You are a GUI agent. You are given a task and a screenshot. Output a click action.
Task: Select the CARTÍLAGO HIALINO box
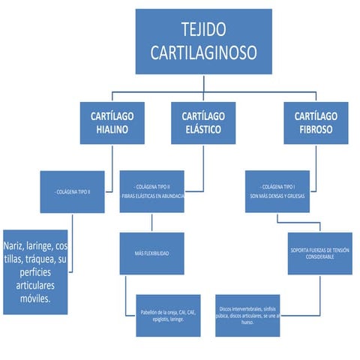click(x=112, y=123)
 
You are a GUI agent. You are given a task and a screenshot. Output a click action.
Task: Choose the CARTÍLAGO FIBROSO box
click(x=316, y=123)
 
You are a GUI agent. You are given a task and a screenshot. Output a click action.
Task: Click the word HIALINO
click(x=112, y=130)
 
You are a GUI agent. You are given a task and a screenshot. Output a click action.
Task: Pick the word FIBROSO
click(x=316, y=130)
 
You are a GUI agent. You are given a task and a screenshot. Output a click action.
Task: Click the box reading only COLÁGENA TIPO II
click(x=72, y=192)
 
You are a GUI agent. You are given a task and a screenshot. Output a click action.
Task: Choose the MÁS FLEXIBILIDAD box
click(x=152, y=253)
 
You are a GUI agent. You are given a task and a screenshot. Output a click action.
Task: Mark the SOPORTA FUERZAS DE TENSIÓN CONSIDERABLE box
click(x=319, y=253)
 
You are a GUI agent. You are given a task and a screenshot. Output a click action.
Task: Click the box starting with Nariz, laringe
click(x=35, y=271)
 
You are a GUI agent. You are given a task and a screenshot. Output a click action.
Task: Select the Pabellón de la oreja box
click(x=168, y=316)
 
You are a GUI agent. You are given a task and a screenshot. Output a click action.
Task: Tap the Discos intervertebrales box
click(x=249, y=316)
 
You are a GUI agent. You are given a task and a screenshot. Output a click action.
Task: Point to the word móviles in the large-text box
click(x=35, y=298)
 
